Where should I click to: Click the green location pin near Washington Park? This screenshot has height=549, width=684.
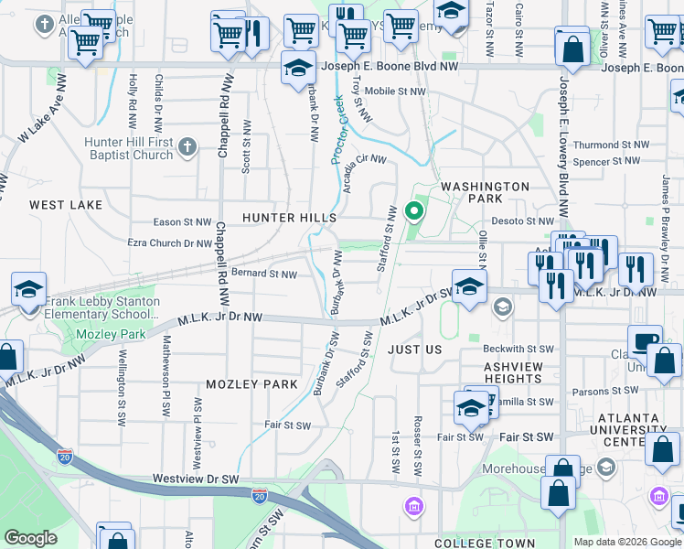point(414,212)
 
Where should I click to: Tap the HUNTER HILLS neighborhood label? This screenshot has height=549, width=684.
point(289,218)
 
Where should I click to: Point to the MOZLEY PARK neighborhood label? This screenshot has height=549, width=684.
point(252,384)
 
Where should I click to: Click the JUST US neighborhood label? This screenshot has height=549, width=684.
point(414,350)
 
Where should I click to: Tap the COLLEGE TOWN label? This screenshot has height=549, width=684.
point(486,543)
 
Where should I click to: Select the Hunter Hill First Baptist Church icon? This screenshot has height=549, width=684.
point(187,146)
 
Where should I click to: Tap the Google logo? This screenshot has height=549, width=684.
point(30,538)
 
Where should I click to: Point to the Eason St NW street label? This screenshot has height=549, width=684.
point(183,222)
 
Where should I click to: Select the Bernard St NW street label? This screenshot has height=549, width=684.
point(264,274)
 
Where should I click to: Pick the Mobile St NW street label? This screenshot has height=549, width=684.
point(395,91)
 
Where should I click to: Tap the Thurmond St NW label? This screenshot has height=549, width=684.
point(608,145)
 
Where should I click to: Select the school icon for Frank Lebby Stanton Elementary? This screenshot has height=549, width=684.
point(29,289)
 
